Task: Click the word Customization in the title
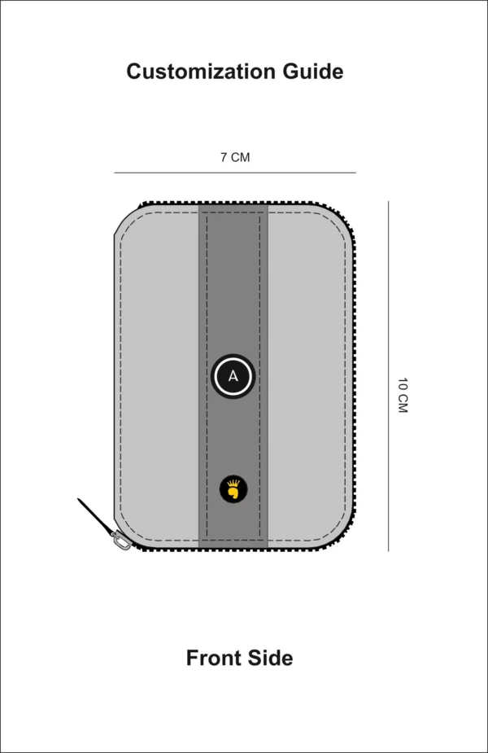[201, 72]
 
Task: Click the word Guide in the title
[313, 72]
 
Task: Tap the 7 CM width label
[235, 157]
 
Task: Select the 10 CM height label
[402, 396]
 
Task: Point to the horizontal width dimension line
[235, 173]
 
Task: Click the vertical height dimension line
[388, 376]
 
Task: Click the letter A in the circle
[233, 376]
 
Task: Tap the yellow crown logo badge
[233, 489]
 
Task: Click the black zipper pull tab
[95, 515]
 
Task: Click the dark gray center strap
[233, 288]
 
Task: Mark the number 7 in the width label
[224, 157]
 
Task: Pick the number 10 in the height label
[402, 385]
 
